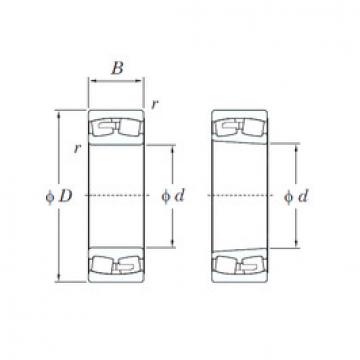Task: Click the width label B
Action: coord(116,70)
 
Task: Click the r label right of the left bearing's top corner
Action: coord(154,103)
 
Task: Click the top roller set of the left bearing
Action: coord(116,128)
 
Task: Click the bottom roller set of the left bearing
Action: coord(116,265)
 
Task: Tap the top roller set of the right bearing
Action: coord(240,128)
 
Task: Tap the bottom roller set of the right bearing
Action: coord(240,265)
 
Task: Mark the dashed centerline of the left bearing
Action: coord(116,195)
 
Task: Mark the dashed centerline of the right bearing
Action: coord(240,195)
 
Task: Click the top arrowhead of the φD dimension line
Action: coord(58,114)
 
